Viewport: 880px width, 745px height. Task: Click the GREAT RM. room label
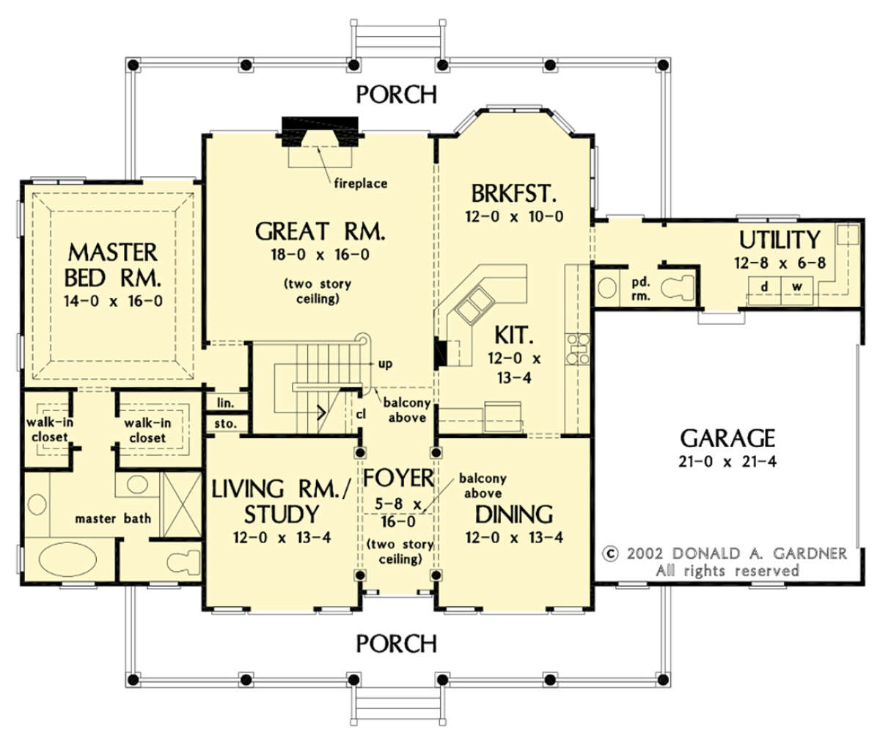tap(320, 231)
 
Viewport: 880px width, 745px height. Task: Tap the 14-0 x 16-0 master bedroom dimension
tap(113, 302)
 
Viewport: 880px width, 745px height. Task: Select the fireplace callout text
tap(361, 183)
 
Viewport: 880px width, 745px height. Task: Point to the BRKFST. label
tap(514, 194)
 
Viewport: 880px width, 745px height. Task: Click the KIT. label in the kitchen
tap(514, 335)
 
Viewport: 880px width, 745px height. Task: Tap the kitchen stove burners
tap(577, 349)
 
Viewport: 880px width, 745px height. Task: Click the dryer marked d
tap(765, 291)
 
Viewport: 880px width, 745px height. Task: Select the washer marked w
tap(797, 291)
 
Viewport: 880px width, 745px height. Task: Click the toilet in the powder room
tap(678, 288)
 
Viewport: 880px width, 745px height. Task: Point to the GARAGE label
tap(727, 438)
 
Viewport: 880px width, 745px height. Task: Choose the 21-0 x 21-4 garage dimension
tap(727, 462)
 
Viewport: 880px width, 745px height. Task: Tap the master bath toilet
tap(183, 562)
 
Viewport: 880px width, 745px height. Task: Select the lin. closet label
tap(226, 403)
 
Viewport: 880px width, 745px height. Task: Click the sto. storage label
tap(226, 424)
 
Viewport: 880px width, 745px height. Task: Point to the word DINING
tap(514, 515)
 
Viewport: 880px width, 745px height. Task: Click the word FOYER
tap(398, 478)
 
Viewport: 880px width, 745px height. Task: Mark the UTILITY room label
tap(779, 240)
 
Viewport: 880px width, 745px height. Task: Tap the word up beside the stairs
tap(385, 364)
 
